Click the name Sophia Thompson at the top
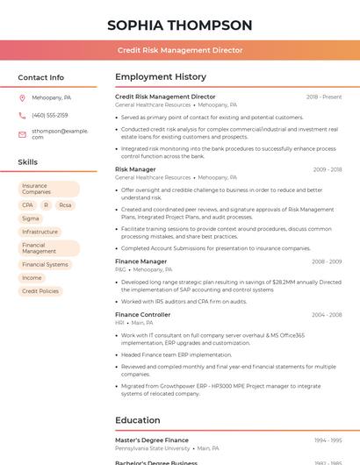tap(180, 25)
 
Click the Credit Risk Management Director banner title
tap(180, 50)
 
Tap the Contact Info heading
tap(40, 77)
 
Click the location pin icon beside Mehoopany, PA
tap(22, 97)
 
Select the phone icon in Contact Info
tap(22, 115)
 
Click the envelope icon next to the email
tap(22, 133)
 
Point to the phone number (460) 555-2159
tap(49, 115)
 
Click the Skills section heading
tap(27, 162)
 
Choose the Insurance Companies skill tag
tap(48, 189)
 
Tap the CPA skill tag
tap(27, 205)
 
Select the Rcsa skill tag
tap(65, 205)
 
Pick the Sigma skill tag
tap(31, 218)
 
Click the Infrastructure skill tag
tap(40, 232)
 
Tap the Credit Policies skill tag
tap(40, 291)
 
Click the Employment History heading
tap(161, 77)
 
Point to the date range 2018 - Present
tap(324, 97)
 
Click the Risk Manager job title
tap(135, 169)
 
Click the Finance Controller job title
tap(142, 314)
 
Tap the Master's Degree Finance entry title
tap(152, 440)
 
